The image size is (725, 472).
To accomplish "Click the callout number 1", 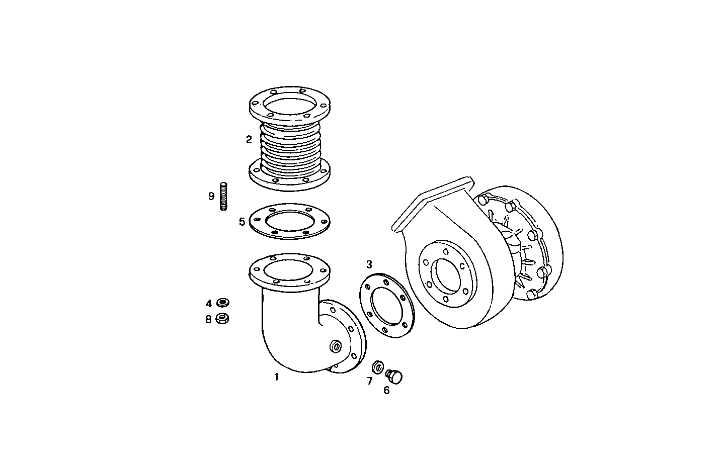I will pyautogui.click(x=276, y=376).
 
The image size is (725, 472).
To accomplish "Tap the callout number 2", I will pyautogui.click(x=249, y=140).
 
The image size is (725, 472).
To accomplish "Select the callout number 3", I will pyautogui.click(x=369, y=264).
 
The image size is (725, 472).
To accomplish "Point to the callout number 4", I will pyautogui.click(x=209, y=304).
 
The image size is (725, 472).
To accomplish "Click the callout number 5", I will pyautogui.click(x=242, y=221).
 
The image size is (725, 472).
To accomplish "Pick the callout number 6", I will pyautogui.click(x=386, y=390).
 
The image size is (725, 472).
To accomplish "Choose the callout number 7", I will pyautogui.click(x=370, y=381).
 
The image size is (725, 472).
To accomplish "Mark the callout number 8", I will pyautogui.click(x=209, y=319).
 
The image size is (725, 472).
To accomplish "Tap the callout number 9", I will pyautogui.click(x=211, y=196).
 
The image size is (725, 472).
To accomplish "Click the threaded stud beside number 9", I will pyautogui.click(x=224, y=196).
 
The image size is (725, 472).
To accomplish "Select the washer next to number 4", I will pyautogui.click(x=222, y=303).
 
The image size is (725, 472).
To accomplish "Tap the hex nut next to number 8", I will pyautogui.click(x=222, y=318).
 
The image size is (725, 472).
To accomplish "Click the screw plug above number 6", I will pyautogui.click(x=394, y=375).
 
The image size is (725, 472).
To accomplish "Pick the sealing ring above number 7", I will pyautogui.click(x=378, y=365).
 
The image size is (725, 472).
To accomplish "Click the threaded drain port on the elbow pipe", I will pyautogui.click(x=334, y=347).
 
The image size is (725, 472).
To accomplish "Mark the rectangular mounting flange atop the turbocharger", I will pyautogui.click(x=433, y=201).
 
